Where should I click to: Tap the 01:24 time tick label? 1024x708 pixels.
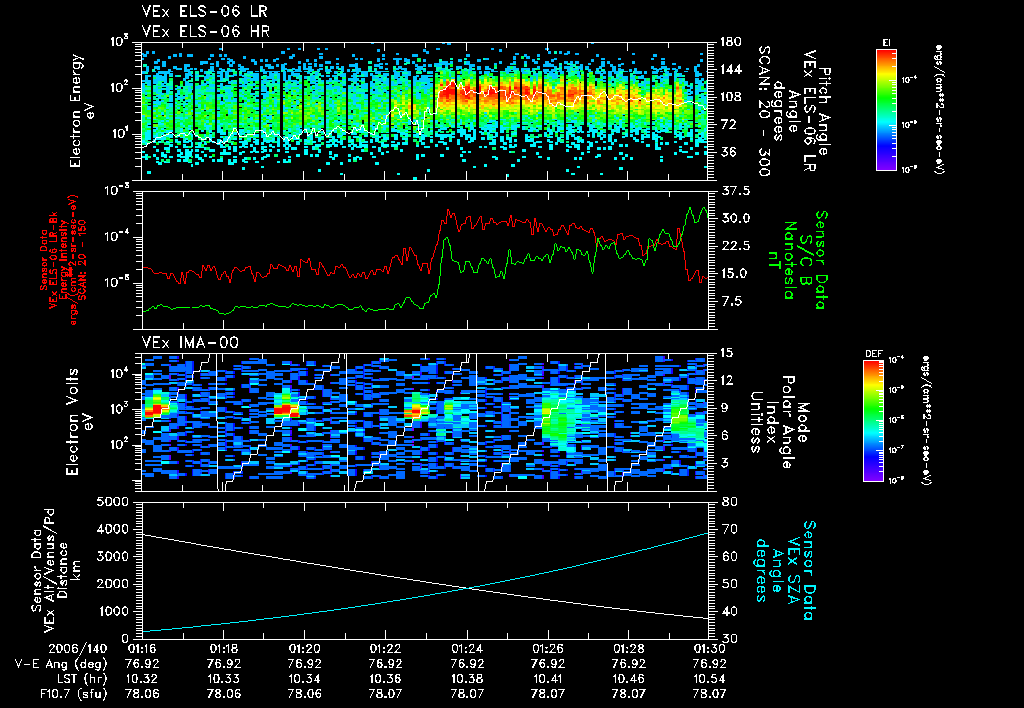pyautogui.click(x=468, y=648)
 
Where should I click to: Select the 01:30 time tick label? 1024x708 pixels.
pyautogui.click(x=709, y=648)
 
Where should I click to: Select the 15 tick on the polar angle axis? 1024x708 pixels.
pyautogui.click(x=723, y=353)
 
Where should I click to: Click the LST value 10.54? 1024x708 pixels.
pyautogui.click(x=709, y=677)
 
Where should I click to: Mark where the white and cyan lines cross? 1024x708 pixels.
pyautogui.click(x=468, y=588)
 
